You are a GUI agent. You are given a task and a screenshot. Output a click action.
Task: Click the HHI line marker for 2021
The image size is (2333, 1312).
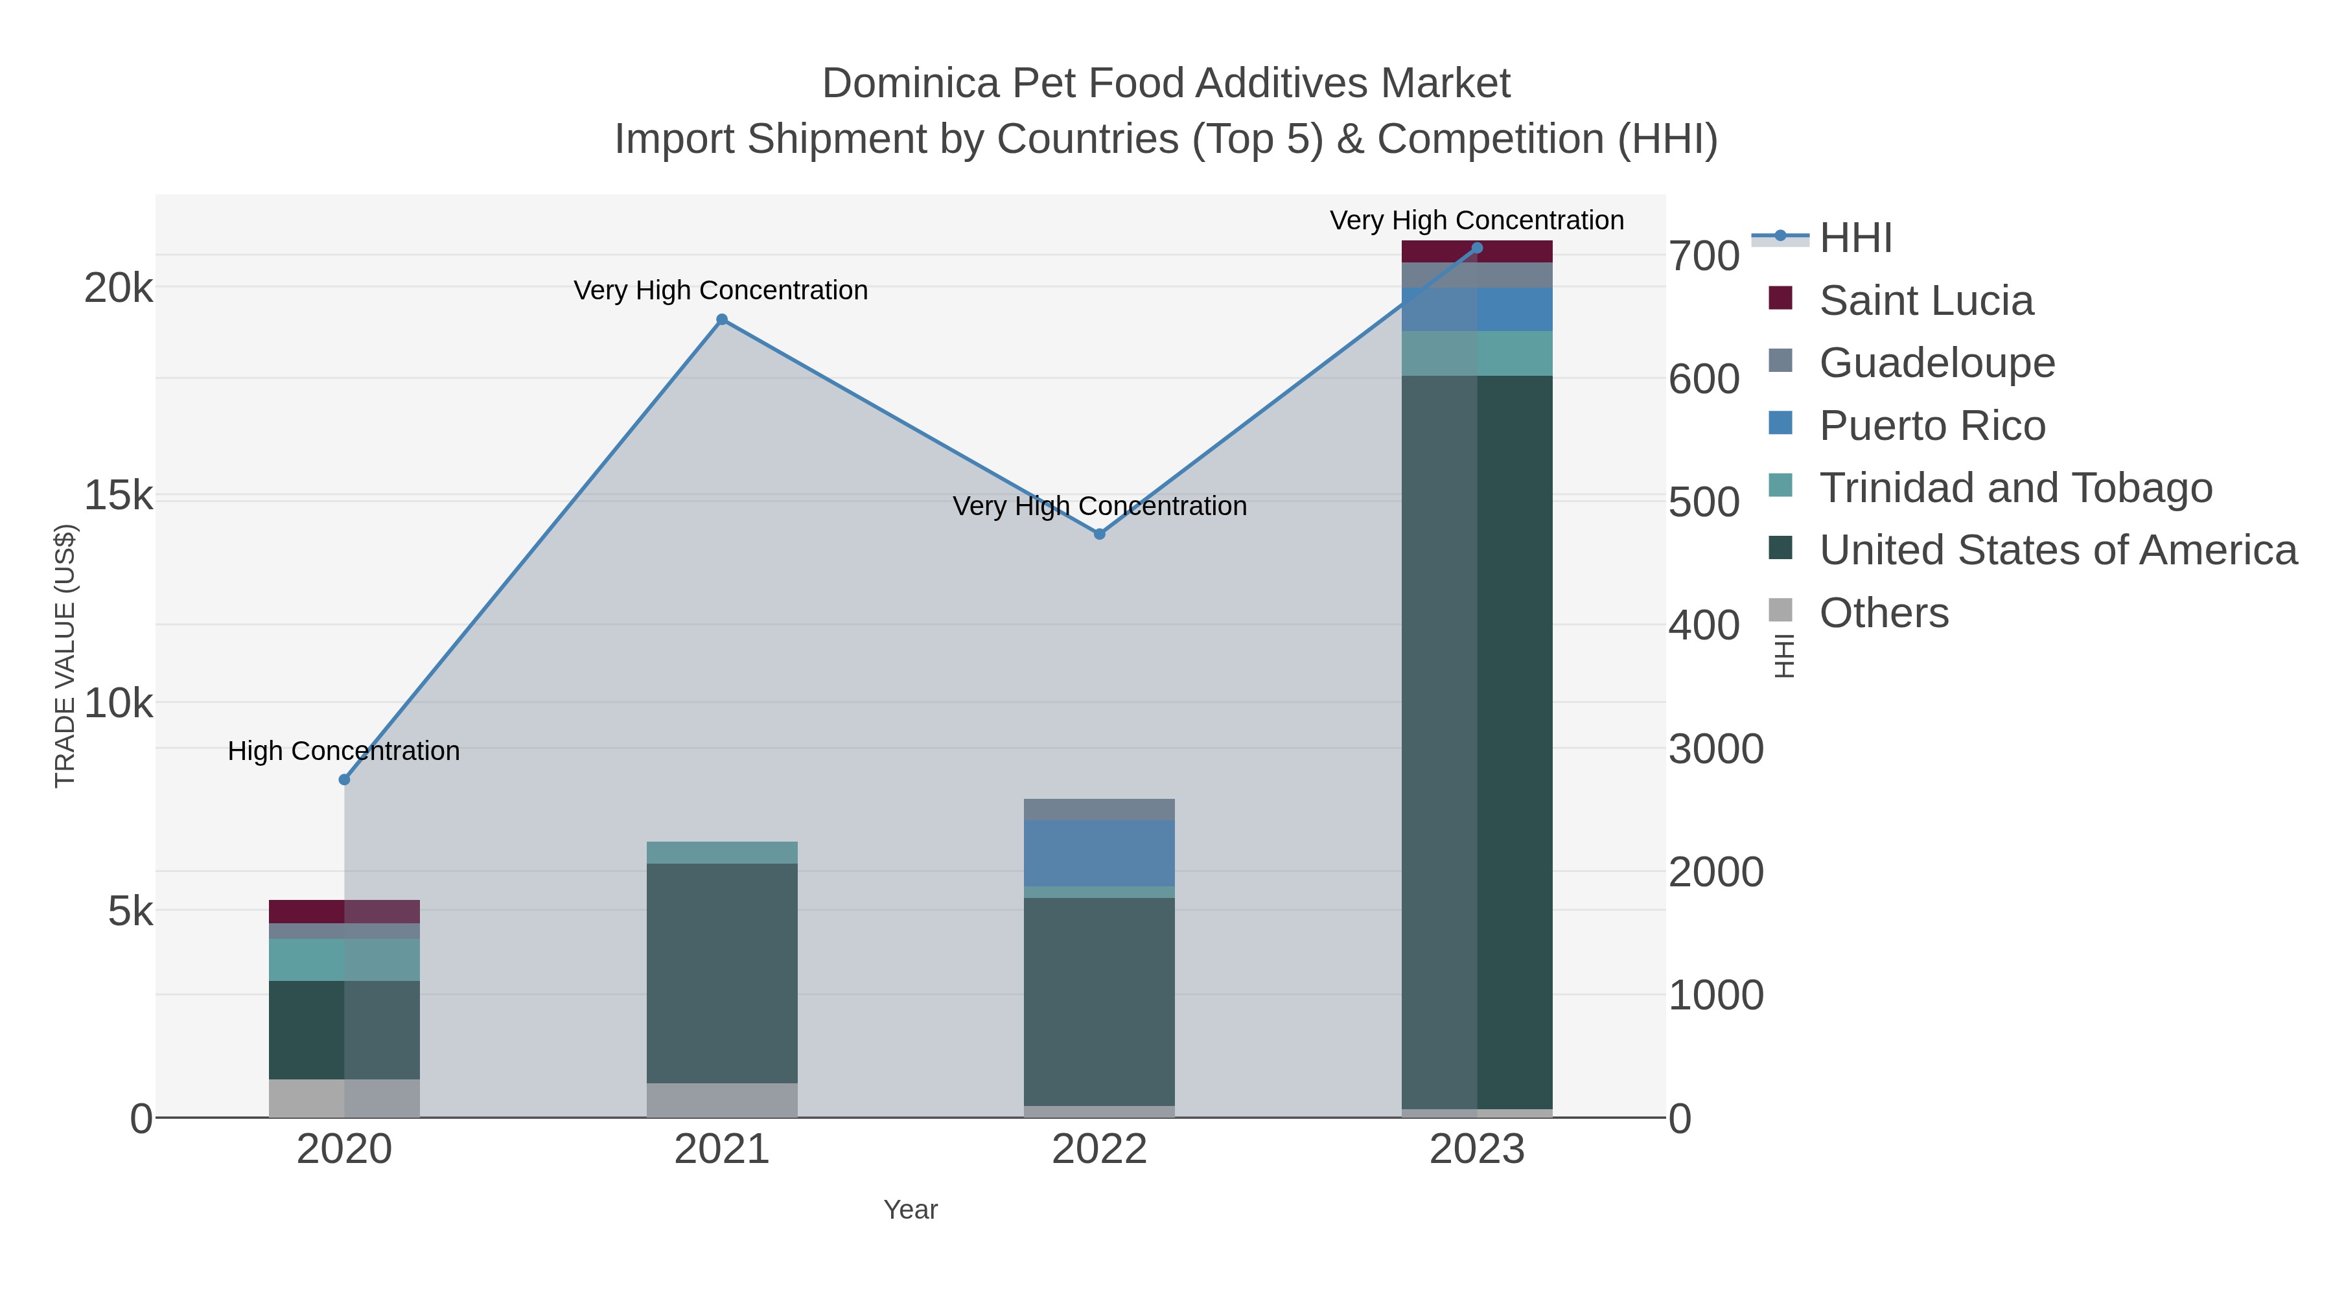pos(722,319)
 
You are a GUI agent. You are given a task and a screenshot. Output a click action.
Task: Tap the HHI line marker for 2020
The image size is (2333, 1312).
pos(344,779)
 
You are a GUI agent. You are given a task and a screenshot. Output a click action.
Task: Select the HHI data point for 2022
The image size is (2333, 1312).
pos(1100,535)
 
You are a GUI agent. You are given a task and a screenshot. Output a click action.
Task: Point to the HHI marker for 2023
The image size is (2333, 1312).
pos(1477,248)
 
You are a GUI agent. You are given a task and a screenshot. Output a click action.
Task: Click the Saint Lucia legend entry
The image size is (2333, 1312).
pos(1925,301)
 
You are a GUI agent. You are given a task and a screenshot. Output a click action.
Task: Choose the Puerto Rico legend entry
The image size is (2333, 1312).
pos(1932,426)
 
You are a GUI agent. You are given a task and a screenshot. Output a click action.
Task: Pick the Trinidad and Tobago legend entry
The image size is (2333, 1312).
pos(2015,488)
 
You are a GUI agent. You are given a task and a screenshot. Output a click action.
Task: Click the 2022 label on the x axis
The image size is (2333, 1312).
pos(1100,1150)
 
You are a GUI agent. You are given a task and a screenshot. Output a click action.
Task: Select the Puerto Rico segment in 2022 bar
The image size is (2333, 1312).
pos(1100,853)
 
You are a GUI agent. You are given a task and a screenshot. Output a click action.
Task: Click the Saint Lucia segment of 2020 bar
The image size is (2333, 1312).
pos(344,911)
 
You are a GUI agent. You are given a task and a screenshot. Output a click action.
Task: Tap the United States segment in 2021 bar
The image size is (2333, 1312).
pos(722,973)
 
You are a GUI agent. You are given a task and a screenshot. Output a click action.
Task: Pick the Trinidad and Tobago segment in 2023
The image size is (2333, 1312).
pos(1477,353)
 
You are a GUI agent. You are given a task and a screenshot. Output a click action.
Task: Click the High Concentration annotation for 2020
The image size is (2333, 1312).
pos(344,751)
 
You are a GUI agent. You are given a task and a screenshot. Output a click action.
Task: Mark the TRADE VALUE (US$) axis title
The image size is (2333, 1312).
pos(65,656)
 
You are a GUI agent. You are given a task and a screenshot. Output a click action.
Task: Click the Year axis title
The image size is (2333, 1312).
pos(911,1210)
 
